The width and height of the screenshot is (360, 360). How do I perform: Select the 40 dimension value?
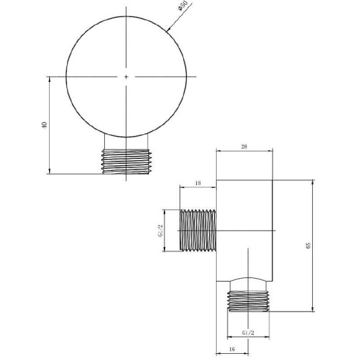[43, 125]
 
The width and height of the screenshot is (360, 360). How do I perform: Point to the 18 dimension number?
[197, 182]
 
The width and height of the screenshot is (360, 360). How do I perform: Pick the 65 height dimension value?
[308, 246]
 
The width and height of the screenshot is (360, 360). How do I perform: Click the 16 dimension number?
[232, 350]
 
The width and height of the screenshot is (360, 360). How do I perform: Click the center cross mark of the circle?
[126, 76]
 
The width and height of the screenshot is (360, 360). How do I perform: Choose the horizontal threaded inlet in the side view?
[198, 230]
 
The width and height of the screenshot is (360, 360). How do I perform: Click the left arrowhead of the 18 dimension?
[181, 187]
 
